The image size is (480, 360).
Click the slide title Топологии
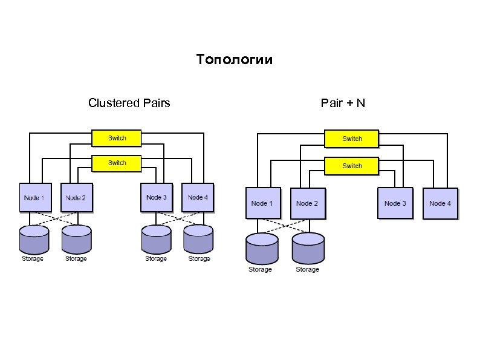(235, 60)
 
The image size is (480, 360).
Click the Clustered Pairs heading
(129, 103)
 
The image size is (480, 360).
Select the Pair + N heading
(343, 103)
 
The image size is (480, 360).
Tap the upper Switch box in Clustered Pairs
(117, 138)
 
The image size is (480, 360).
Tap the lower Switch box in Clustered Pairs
(117, 163)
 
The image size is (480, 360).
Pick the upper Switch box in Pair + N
(352, 139)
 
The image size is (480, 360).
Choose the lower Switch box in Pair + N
(352, 166)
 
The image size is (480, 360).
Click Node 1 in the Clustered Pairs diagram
(35, 197)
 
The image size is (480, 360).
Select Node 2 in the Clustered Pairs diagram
(76, 197)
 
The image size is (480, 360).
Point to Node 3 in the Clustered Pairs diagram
(157, 197)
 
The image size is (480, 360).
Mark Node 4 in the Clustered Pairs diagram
(198, 197)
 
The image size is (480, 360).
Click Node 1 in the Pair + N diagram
(262, 203)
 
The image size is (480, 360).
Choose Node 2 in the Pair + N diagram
(307, 203)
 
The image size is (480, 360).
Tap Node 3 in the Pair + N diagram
(395, 203)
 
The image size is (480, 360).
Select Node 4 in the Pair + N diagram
(440, 203)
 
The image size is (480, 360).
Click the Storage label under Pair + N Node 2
(307, 269)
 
